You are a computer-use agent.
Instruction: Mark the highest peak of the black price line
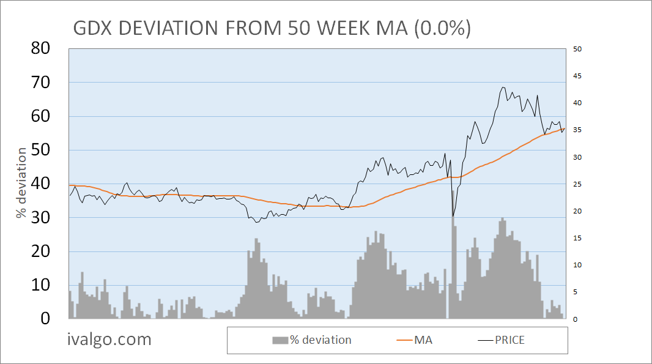click(x=503, y=87)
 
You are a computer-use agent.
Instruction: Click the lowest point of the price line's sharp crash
click(x=453, y=216)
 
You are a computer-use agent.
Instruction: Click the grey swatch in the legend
click(x=280, y=340)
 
